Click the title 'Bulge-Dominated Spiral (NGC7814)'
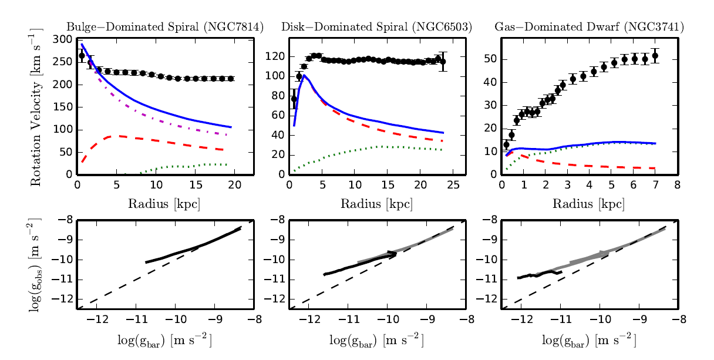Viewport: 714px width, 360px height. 164,27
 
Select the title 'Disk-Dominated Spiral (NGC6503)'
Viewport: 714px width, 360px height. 376,27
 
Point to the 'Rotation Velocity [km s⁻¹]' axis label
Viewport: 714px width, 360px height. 36,107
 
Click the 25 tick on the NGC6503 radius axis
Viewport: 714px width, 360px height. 453,186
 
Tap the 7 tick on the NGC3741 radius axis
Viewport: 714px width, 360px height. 655,186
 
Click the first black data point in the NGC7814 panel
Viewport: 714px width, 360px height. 82,56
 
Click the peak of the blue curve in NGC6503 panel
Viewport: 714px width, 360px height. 304,75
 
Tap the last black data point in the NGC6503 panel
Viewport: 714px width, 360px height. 443,61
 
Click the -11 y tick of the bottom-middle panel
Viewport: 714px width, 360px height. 278,280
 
